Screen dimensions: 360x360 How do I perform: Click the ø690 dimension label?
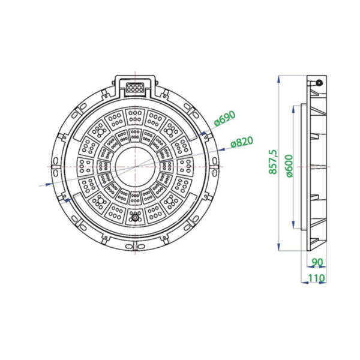(x=225, y=118)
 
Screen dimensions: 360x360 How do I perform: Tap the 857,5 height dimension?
(x=273, y=161)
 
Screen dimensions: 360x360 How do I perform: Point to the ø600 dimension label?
(x=290, y=166)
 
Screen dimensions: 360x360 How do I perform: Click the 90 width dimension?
(x=317, y=262)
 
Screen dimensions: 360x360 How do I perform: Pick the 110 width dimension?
(x=316, y=278)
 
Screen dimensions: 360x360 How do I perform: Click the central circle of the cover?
(x=135, y=167)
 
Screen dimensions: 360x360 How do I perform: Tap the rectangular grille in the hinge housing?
(x=135, y=88)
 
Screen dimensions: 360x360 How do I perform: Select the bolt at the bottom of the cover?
(x=135, y=217)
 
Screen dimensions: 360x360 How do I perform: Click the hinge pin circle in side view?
(x=319, y=83)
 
